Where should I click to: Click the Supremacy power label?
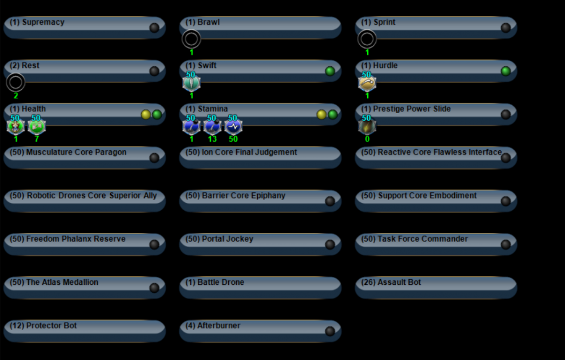coord(37,23)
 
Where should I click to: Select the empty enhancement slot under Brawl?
coord(192,39)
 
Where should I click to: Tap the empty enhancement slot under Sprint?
coord(367,39)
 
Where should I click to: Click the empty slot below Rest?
coord(16,83)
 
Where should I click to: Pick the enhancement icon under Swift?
coord(192,83)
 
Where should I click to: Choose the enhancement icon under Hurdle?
coord(367,83)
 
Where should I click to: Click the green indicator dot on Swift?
coord(330,71)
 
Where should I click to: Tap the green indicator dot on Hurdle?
coord(506,71)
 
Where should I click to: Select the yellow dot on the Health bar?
coord(146,115)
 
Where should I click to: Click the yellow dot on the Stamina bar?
coord(321,115)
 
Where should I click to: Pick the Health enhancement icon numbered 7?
coord(37,126)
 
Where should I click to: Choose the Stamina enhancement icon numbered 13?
coord(212,126)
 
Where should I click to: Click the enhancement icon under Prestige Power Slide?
coord(367,126)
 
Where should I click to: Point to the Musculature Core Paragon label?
coord(68,153)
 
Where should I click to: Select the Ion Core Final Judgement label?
coord(241,153)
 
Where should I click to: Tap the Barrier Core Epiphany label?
coord(236,196)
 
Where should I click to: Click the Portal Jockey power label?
coord(220,239)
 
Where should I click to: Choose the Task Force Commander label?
coord(415,239)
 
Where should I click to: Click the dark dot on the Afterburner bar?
coord(330,331)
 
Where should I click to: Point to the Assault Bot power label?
coord(391,283)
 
